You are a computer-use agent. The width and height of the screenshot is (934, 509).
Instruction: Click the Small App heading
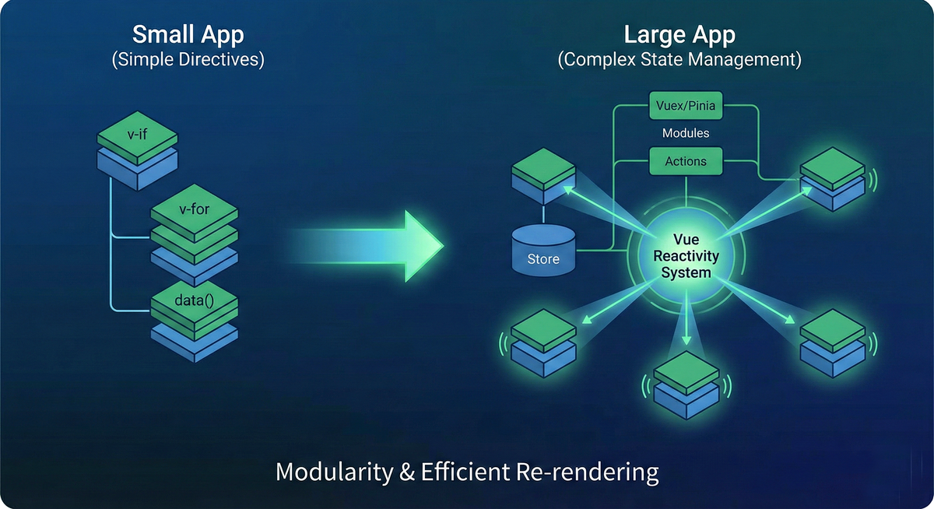coord(188,35)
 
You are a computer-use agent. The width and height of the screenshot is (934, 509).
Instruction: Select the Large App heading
coord(679,35)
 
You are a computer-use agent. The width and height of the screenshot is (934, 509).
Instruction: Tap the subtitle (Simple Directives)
coord(188,60)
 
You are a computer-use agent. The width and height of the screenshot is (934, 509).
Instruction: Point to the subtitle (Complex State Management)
coord(679,60)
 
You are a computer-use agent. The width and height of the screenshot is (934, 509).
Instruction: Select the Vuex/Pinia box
coord(686,105)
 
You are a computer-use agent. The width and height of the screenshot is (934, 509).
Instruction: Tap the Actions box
coord(686,161)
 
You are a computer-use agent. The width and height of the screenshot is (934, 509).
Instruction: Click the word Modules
coord(686,133)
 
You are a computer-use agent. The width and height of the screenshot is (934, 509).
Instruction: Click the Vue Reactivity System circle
coord(686,256)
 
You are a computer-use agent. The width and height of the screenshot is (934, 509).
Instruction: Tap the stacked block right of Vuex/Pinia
coord(833,181)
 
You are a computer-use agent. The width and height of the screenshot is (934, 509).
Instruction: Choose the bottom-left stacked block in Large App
coord(543,342)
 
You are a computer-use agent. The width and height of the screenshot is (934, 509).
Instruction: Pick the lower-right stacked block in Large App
coord(833,343)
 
